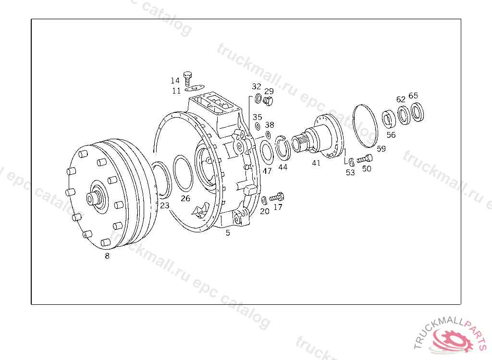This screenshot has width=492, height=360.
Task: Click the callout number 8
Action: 107,256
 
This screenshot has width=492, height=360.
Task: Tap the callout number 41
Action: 316,163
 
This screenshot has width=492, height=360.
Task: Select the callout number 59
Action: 381,149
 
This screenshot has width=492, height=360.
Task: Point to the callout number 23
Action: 165,205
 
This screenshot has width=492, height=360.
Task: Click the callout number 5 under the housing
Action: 228,233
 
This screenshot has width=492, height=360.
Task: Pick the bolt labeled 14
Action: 188,78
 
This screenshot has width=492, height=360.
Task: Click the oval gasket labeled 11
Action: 195,88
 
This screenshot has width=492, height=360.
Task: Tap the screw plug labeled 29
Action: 268,101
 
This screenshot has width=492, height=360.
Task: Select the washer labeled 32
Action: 258,98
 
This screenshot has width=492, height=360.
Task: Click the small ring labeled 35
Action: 258,126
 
